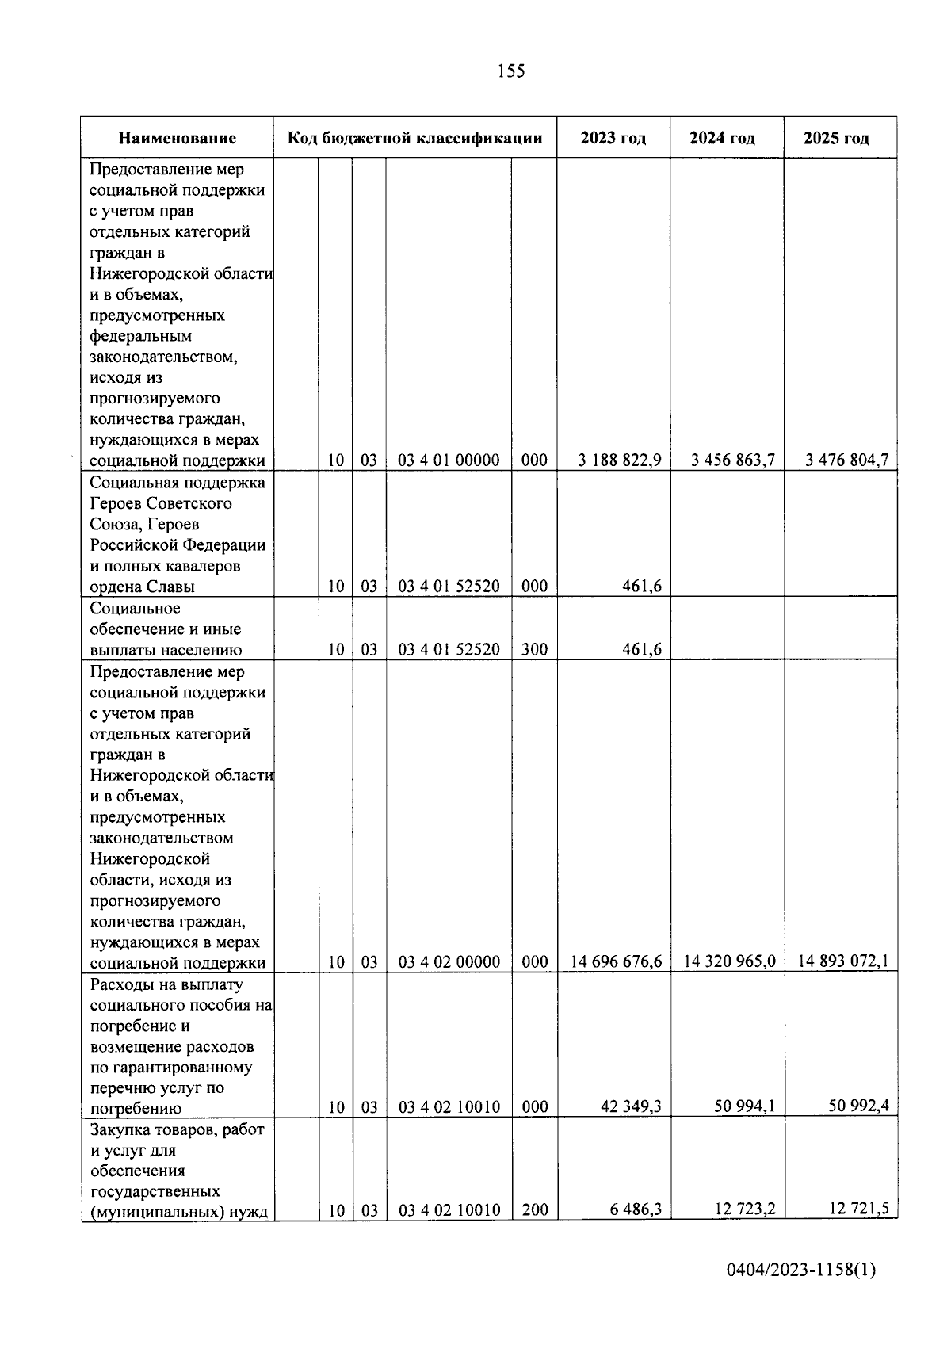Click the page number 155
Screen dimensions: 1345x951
click(x=510, y=71)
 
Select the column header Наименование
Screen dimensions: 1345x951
click(x=177, y=139)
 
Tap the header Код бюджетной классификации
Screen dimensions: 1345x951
click(x=414, y=139)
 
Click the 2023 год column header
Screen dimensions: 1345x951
click(x=613, y=139)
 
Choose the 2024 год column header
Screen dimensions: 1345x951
click(x=722, y=139)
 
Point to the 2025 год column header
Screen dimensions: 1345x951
click(x=836, y=139)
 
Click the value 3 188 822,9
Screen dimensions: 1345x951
click(x=620, y=460)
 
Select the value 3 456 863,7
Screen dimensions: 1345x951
click(x=733, y=460)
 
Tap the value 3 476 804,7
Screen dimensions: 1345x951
click(x=847, y=460)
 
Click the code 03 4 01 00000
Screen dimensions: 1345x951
click(x=449, y=460)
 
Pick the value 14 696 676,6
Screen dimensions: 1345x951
click(x=617, y=962)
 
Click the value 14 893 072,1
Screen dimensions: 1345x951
click(x=843, y=961)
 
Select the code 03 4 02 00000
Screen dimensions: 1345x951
click(x=449, y=962)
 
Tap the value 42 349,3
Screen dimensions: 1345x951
click(x=631, y=1106)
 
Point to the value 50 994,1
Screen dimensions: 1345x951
click(x=745, y=1106)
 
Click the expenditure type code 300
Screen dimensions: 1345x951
click(x=535, y=650)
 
